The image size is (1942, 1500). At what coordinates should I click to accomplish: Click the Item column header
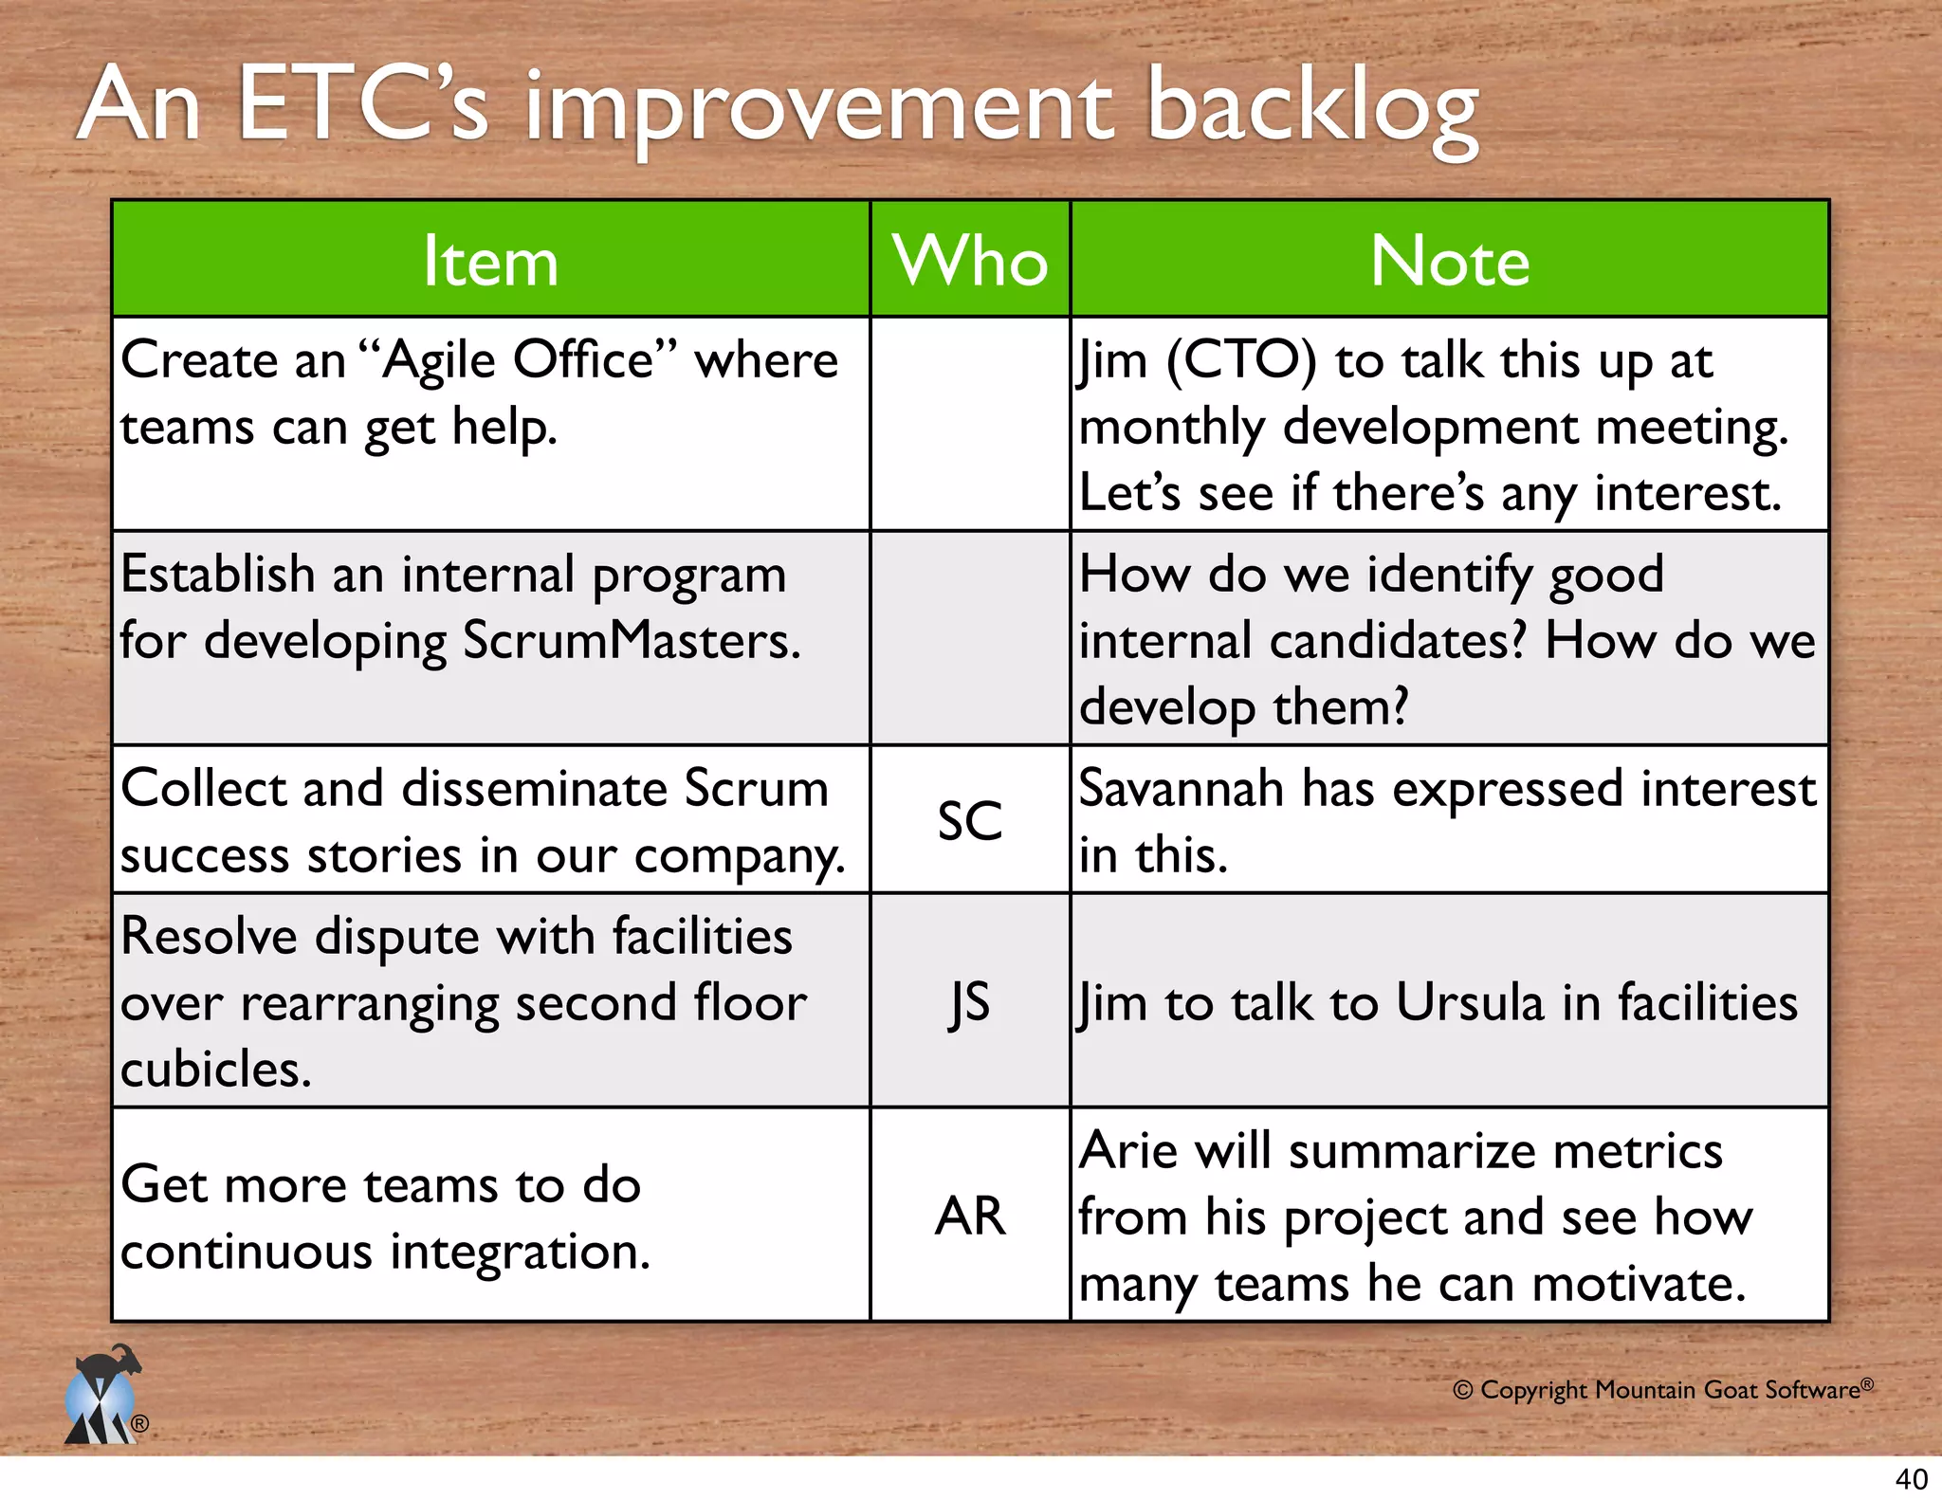490,261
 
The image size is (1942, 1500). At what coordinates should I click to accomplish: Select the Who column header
970,261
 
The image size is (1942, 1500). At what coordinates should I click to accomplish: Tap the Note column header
1449,261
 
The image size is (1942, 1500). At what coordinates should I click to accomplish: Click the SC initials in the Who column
969,821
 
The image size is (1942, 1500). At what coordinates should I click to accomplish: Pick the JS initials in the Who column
969,1002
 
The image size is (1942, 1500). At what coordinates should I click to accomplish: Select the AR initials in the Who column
969,1216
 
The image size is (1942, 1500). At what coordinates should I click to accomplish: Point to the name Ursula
1471,1003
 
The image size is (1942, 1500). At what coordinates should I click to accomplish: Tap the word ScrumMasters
632,641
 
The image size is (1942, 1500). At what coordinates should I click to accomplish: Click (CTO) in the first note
1241,361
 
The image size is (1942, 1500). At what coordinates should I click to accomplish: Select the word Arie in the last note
1127,1151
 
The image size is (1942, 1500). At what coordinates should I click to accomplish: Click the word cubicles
216,1070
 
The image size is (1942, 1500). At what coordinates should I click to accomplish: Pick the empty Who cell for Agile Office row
969,424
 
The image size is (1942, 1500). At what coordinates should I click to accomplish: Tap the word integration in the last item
520,1252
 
